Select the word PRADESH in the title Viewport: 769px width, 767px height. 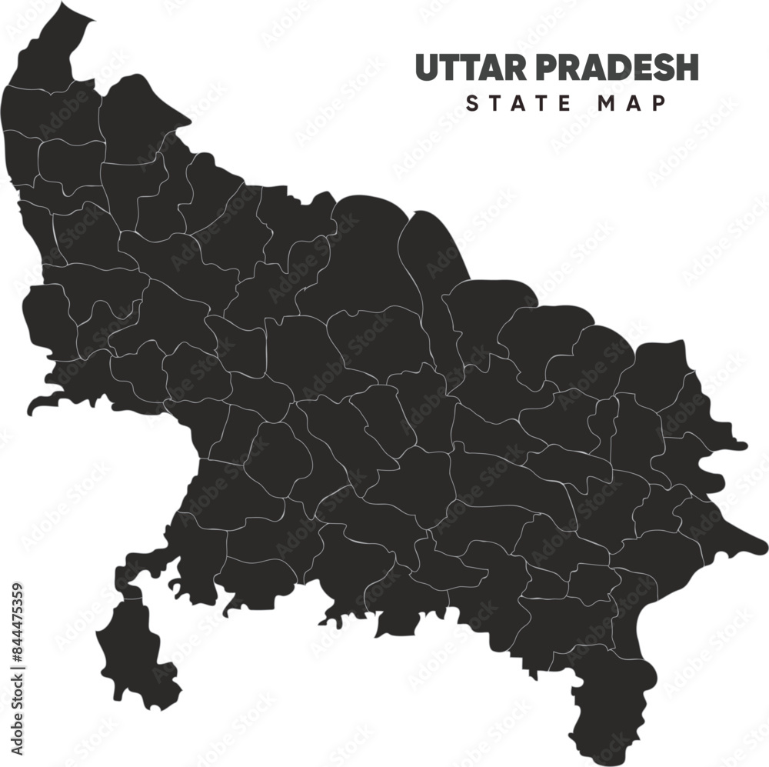[616, 68]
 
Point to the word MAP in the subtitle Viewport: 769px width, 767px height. [632, 103]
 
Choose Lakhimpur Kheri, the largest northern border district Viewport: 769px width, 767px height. [361, 254]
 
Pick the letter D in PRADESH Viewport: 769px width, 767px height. [609, 68]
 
